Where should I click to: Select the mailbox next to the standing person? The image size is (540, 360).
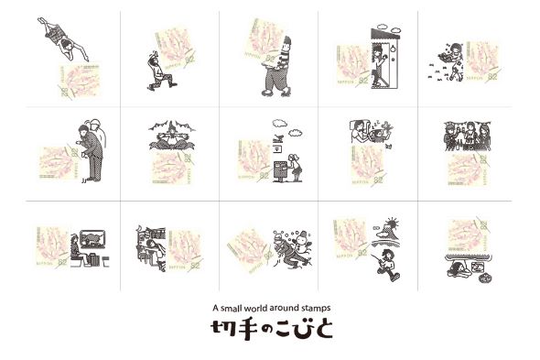[275, 147]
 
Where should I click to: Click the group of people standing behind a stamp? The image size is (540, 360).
[467, 138]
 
